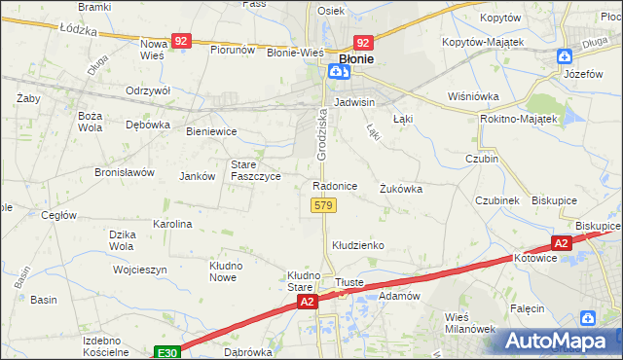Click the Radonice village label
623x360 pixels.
335,185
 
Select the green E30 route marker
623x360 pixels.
167,351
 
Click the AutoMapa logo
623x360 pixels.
559,341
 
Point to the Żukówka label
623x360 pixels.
401,189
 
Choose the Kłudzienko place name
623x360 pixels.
359,245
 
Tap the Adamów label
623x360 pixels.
398,295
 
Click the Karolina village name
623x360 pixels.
172,224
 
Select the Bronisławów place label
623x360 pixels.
125,172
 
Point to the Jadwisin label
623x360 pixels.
354,101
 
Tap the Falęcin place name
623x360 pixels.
527,307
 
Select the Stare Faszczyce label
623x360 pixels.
256,170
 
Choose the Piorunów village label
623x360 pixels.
233,50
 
